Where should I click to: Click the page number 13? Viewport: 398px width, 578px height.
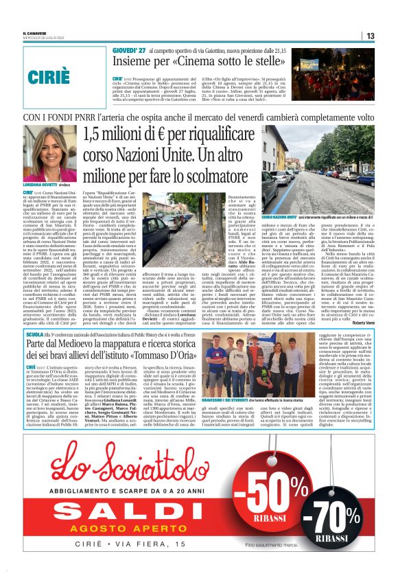(x=369, y=36)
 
